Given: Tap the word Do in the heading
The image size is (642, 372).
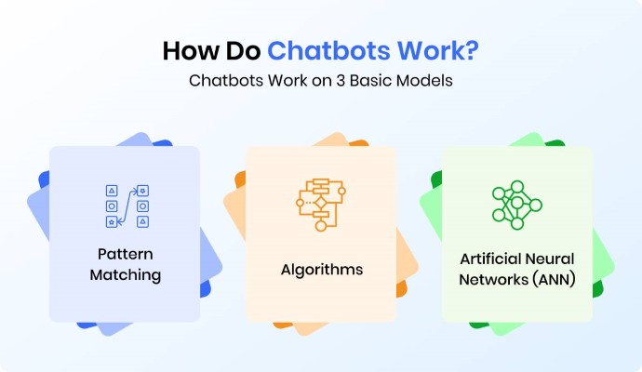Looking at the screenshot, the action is pyautogui.click(x=243, y=51).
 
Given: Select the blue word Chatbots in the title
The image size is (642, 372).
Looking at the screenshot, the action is pyautogui.click(x=328, y=51).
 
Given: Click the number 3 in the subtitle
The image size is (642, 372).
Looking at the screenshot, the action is pyautogui.click(x=341, y=81).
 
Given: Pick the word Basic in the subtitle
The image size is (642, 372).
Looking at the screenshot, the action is pyautogui.click(x=370, y=80).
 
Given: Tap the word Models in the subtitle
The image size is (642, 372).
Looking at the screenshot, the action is pyautogui.click(x=424, y=80).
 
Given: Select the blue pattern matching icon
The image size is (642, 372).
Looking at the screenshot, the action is pyautogui.click(x=127, y=206).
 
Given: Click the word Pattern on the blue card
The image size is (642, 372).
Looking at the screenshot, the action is pyautogui.click(x=126, y=254).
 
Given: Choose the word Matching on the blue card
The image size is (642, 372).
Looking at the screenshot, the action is pyautogui.click(x=126, y=275).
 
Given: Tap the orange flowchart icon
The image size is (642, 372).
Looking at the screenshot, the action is pyautogui.click(x=321, y=205).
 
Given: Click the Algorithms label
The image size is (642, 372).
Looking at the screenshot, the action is pyautogui.click(x=322, y=270).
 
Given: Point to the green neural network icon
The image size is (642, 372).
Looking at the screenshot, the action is pyautogui.click(x=517, y=205).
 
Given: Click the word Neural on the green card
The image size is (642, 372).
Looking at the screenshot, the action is pyautogui.click(x=550, y=259).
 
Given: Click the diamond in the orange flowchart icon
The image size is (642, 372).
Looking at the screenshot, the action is pyautogui.click(x=320, y=203).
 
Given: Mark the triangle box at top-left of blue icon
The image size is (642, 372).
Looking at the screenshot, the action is pyautogui.click(x=112, y=191).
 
